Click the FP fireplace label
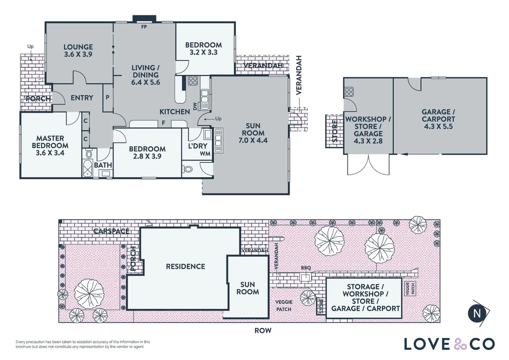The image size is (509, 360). [x=144, y=27]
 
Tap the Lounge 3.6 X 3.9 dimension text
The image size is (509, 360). [x=78, y=54]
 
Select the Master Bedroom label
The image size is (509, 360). [x=50, y=142]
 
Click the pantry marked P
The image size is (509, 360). [x=108, y=97]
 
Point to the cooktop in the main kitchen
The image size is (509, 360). [x=193, y=81]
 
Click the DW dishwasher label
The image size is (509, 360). [x=195, y=106]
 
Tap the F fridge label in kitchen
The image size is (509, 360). [x=163, y=123]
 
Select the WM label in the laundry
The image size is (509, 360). [x=205, y=154]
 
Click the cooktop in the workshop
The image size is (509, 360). [x=349, y=92]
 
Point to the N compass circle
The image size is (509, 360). [x=477, y=314]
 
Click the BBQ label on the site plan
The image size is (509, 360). [x=306, y=268]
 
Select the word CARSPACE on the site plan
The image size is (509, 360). [x=111, y=231]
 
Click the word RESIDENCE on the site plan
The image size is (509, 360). [x=186, y=267]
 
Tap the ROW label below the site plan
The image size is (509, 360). [x=263, y=331]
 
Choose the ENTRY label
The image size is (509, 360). [x=82, y=98]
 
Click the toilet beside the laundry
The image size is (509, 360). [x=188, y=169]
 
